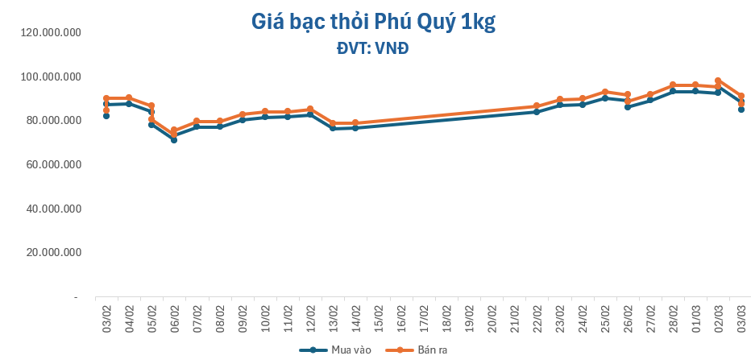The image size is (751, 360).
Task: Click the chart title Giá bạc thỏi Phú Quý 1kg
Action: click(x=372, y=23)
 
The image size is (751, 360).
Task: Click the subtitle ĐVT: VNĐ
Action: click(x=372, y=48)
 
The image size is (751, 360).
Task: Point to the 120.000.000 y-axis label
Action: click(x=51, y=33)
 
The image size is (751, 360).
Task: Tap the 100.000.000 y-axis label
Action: click(x=51, y=77)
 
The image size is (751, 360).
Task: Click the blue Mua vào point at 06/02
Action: click(x=174, y=140)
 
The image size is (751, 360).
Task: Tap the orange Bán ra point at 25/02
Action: click(x=604, y=92)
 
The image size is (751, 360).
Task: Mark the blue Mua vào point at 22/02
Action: click(x=537, y=112)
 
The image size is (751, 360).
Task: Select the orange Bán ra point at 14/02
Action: click(x=355, y=123)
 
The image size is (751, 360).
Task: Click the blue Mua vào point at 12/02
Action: click(x=310, y=115)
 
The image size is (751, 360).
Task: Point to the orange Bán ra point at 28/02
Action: click(x=673, y=85)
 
